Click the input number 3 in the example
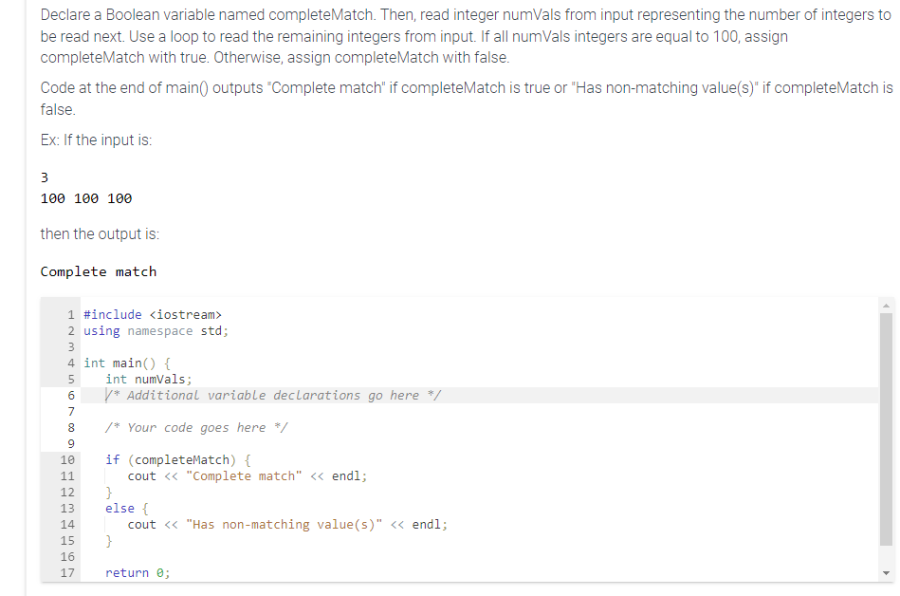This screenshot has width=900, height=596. coord(45,177)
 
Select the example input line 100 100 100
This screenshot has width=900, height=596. coord(86,198)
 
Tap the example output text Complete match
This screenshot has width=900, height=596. coord(99,272)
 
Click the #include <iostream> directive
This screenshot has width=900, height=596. coord(153,314)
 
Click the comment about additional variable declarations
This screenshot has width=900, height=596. coord(273,395)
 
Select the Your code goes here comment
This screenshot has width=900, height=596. coord(196,427)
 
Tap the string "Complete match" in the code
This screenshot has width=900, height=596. coord(246,475)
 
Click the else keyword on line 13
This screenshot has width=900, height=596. coord(119,508)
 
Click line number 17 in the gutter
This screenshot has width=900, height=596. coord(67,572)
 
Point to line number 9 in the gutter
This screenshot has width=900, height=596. coord(71,443)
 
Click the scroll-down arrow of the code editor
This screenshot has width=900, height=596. coord(887,572)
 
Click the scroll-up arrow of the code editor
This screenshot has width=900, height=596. coord(887,306)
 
